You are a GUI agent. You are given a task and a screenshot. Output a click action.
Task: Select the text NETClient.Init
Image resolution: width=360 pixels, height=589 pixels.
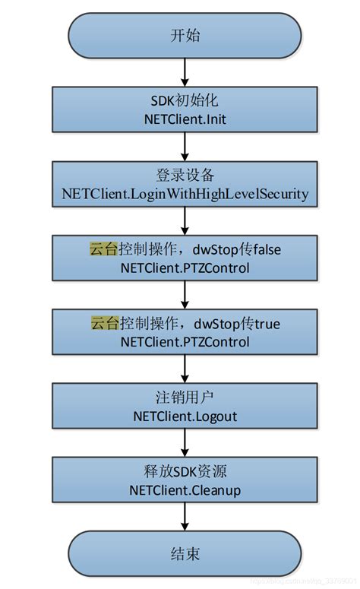tap(185, 119)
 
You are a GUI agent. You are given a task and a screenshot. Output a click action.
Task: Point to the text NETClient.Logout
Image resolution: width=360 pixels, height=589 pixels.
tap(185, 416)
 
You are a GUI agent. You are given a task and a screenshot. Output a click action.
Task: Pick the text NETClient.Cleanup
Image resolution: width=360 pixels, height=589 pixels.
tap(185, 490)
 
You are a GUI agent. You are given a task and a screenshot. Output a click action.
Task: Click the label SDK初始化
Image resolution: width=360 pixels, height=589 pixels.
tap(185, 101)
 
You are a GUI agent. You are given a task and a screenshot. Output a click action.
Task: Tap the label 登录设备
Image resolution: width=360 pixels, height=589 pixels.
tap(185, 176)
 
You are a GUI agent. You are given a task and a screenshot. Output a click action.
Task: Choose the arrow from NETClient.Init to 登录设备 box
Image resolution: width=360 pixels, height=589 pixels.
tap(185, 146)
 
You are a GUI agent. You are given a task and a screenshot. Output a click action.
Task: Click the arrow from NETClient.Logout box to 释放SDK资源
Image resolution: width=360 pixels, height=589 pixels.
tap(185, 443)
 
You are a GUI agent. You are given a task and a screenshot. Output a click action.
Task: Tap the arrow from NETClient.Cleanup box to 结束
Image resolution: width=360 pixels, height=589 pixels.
tap(185, 518)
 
